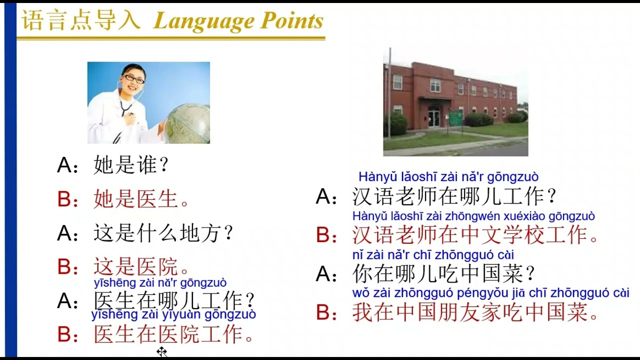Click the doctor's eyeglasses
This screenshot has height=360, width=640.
tap(133, 78)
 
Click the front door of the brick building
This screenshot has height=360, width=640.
tap(433, 117)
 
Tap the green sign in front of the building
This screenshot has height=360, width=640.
tap(455, 118)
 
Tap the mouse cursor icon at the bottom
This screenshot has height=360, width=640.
tap(161, 351)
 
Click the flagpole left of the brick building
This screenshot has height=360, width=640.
tap(389, 95)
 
